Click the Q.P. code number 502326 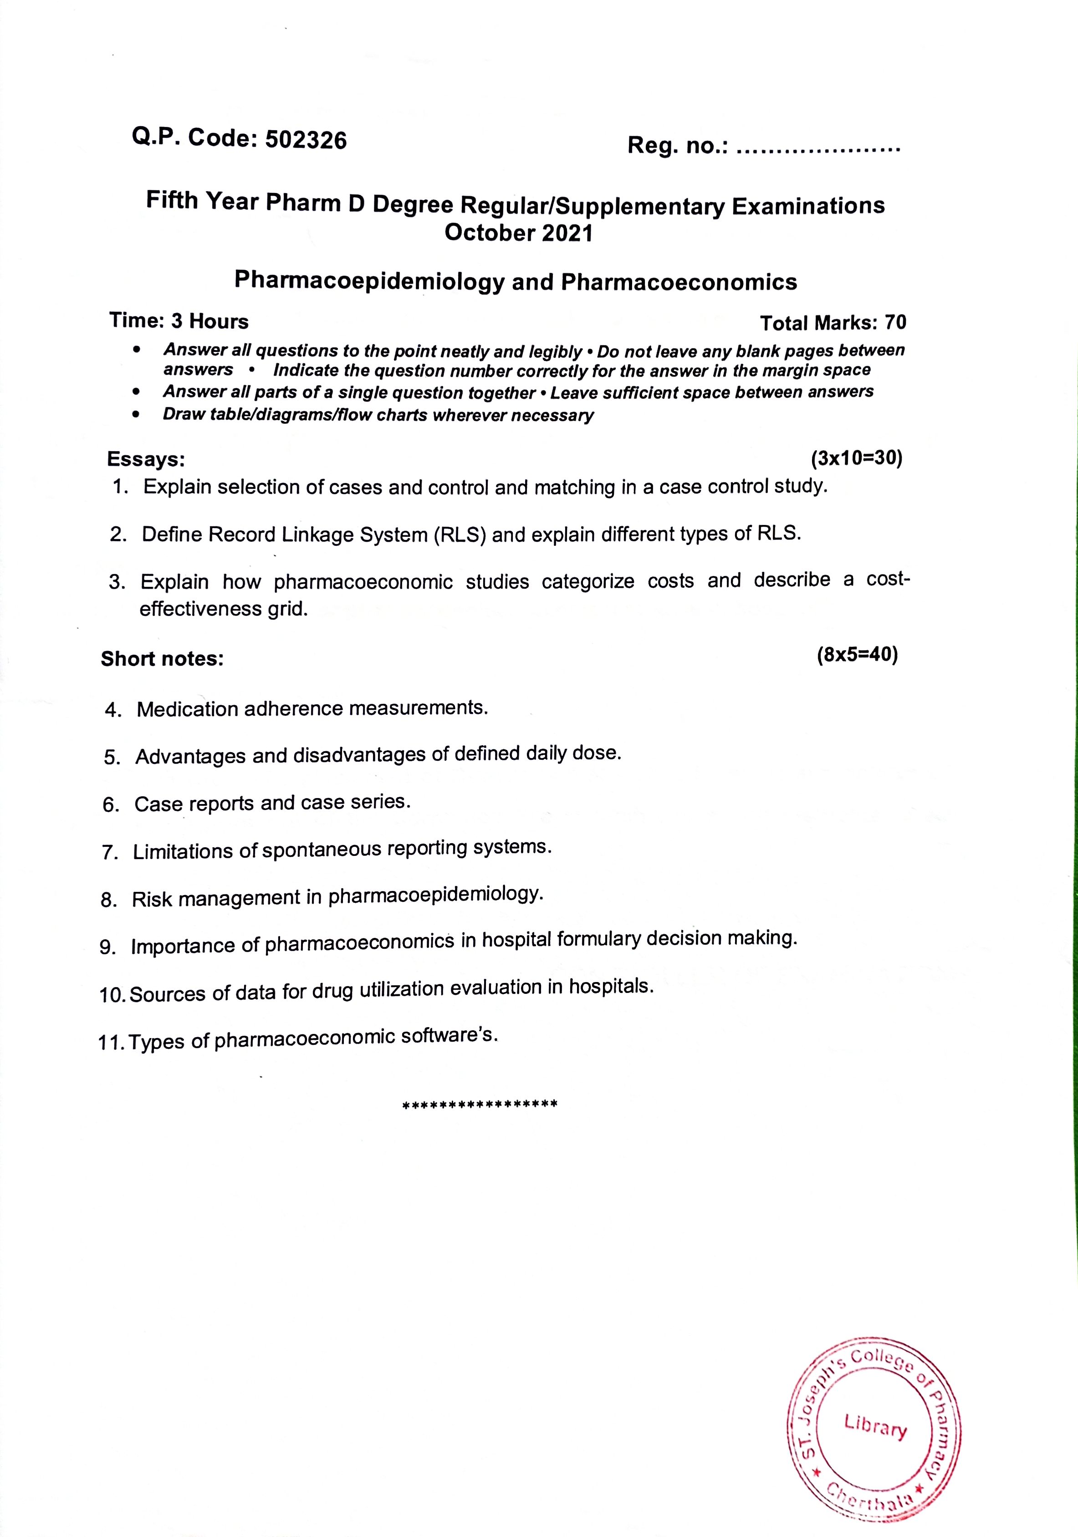tap(306, 139)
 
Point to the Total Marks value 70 tap(895, 323)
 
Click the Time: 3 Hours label tap(179, 321)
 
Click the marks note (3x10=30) tap(856, 458)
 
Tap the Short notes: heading tap(162, 659)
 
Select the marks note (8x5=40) tap(857, 655)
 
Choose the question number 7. tap(109, 852)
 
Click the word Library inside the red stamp tap(876, 1426)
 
